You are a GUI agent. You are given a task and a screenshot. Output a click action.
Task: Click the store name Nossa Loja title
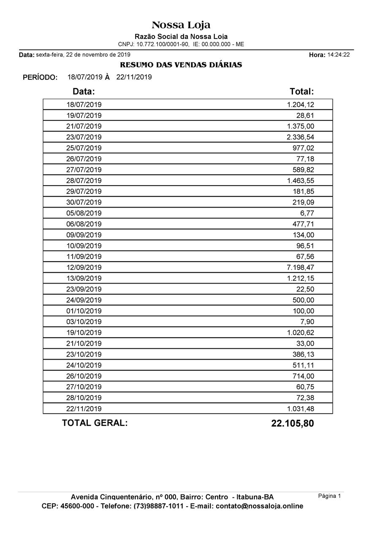(181, 25)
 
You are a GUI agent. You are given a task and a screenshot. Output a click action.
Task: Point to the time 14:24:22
(338, 55)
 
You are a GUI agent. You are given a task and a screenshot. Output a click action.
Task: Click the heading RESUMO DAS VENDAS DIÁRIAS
(181, 65)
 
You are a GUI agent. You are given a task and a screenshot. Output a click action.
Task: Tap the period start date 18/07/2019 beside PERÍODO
(85, 77)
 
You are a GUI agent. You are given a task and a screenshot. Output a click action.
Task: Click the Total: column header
(301, 91)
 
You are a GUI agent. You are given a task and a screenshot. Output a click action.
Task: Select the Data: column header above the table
(84, 91)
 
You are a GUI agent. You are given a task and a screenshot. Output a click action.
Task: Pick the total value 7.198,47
(300, 268)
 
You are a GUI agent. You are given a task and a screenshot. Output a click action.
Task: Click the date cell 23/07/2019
(84, 137)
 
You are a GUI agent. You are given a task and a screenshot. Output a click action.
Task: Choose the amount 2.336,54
(300, 137)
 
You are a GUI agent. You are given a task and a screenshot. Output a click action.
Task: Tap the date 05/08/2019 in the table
(84, 213)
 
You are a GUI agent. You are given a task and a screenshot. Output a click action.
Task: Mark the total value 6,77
(307, 213)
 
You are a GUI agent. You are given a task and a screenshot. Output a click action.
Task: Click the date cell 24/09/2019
(84, 300)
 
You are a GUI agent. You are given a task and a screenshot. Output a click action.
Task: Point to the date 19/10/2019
(84, 333)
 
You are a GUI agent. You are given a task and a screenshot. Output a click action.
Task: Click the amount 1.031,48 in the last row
(300, 409)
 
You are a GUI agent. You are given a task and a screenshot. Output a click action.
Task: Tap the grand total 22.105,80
(292, 423)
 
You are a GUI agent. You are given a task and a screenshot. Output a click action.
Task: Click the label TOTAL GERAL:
(95, 423)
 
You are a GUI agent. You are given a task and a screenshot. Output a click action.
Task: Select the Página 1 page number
(329, 496)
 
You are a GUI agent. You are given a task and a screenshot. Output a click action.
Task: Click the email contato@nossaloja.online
(259, 506)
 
